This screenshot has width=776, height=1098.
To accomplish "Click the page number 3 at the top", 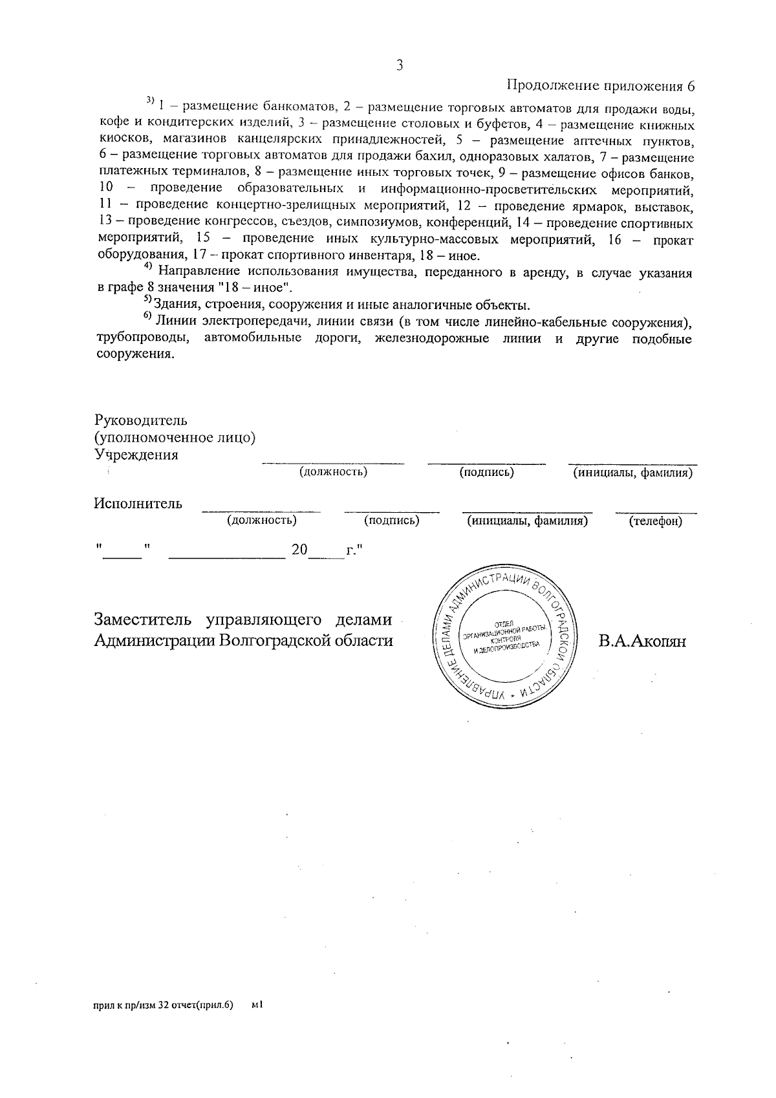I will [400, 65].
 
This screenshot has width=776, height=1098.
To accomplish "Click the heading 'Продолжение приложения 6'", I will [599, 87].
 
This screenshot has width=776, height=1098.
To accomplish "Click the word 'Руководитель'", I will [140, 420].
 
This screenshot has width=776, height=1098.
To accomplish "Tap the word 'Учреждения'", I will [136, 455].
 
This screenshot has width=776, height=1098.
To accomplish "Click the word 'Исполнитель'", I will [138, 504].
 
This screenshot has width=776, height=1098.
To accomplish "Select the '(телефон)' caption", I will [656, 521].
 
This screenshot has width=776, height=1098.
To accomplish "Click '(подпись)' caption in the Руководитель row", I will [486, 473].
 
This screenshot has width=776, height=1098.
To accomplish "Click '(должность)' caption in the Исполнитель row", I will [262, 521].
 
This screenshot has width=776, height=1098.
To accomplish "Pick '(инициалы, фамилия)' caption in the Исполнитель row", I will [527, 521].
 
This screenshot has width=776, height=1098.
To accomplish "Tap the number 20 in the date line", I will [299, 550].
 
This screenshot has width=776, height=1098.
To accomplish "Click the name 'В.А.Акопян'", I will [641, 641].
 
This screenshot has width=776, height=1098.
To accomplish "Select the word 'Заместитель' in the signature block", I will [143, 619].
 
